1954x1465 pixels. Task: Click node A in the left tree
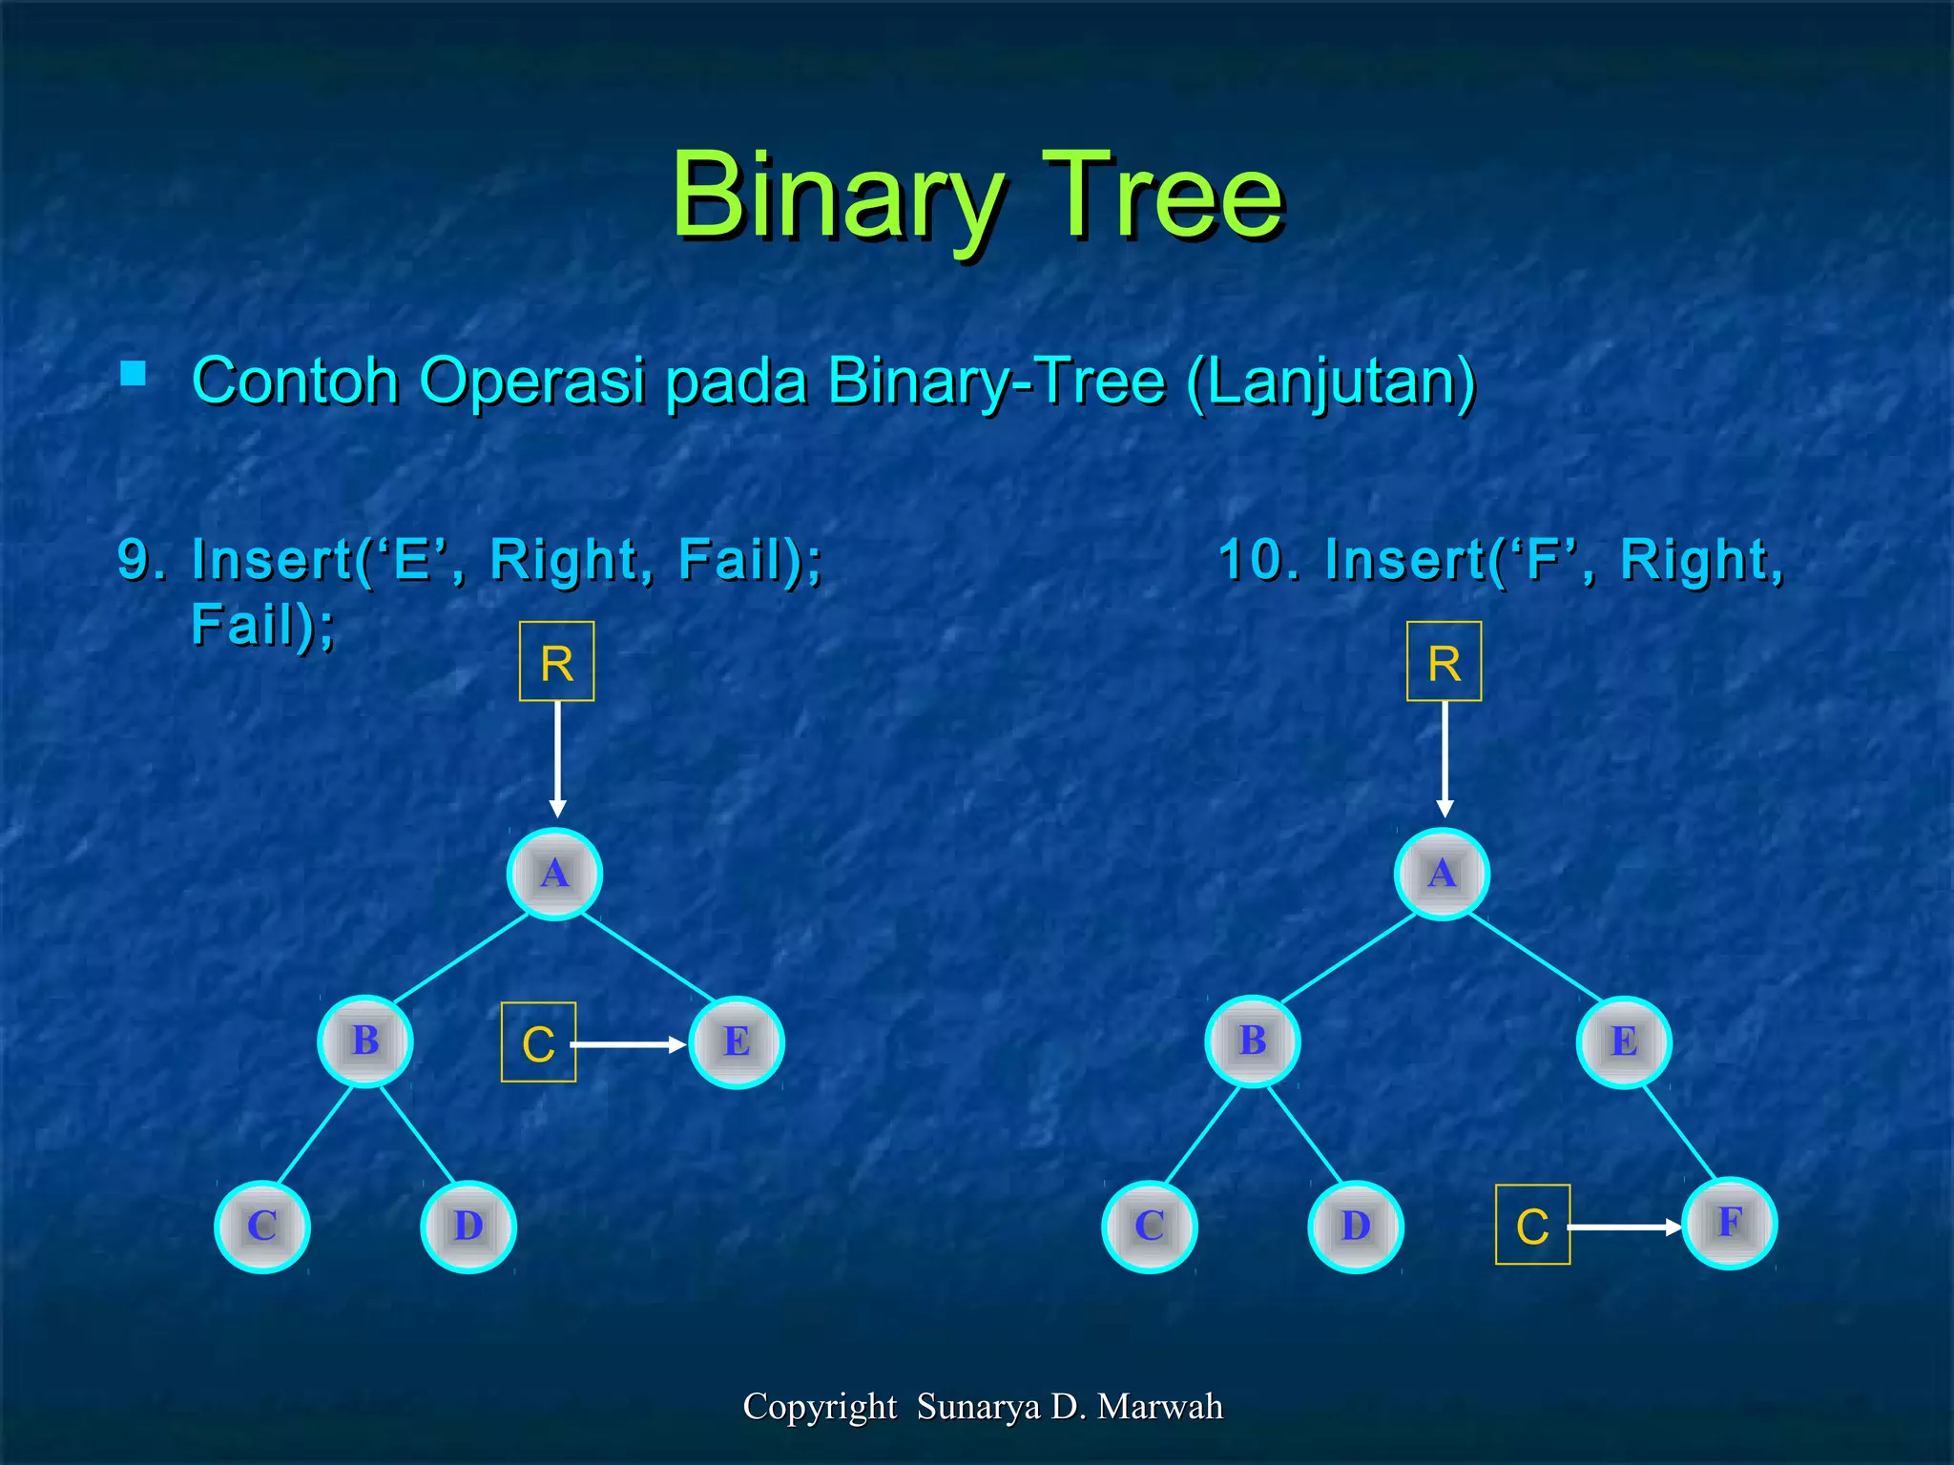(554, 874)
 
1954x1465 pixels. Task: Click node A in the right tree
(1442, 874)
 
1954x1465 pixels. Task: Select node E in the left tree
(736, 1042)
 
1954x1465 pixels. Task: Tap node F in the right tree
(1729, 1224)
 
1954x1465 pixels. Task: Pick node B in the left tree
(365, 1042)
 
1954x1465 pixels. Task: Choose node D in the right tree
(1355, 1227)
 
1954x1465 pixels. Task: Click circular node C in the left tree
(262, 1227)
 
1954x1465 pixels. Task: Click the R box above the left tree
(556, 662)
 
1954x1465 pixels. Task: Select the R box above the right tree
(1444, 662)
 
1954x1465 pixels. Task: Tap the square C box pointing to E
(538, 1042)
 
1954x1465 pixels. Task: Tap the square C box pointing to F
(1532, 1226)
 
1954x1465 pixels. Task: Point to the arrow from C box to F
(1624, 1228)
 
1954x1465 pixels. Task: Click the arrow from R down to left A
(557, 758)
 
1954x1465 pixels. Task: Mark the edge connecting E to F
(1679, 1134)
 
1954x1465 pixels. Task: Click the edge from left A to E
(649, 959)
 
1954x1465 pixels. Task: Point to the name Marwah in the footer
(1159, 1407)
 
